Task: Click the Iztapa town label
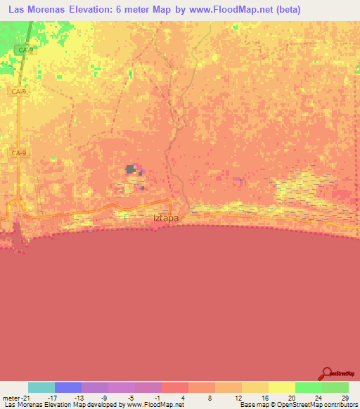(166, 218)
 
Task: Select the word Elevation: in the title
(102, 10)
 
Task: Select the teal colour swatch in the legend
(41, 387)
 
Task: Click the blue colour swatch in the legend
(68, 387)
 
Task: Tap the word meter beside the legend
(10, 397)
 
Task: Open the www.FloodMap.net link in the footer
(155, 405)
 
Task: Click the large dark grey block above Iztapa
(131, 169)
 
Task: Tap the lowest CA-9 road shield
(19, 152)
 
